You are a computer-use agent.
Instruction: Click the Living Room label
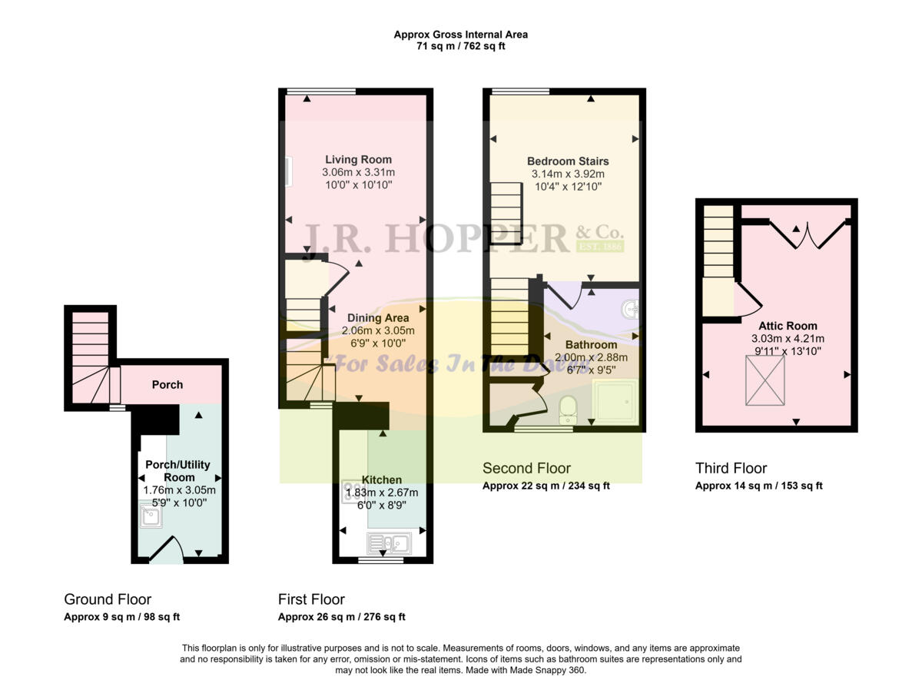[x=358, y=160]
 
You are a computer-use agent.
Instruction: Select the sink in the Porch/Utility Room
[x=149, y=516]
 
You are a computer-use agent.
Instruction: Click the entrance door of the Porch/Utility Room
[x=166, y=550]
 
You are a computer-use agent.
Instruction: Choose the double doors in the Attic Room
[x=807, y=235]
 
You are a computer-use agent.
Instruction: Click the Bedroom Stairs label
[x=568, y=161]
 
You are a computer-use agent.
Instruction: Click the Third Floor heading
[x=731, y=468]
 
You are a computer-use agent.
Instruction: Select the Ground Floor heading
[x=108, y=599]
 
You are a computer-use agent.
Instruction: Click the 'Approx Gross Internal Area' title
[x=460, y=35]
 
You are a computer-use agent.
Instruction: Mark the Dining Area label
[x=377, y=318]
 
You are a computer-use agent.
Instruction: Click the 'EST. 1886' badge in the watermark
[x=600, y=247]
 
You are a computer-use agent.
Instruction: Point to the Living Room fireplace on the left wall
[x=287, y=171]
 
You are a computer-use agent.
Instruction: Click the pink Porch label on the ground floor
[x=167, y=384]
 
